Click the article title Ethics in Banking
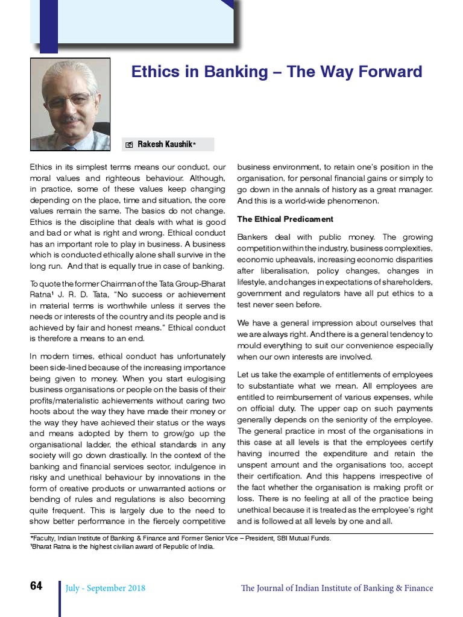(277, 72)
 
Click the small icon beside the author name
(129, 145)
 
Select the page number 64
(36, 586)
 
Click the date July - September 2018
(106, 588)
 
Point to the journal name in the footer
(336, 588)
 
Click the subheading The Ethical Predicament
(285, 219)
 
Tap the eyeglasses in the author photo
(69, 99)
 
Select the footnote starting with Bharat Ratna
(122, 547)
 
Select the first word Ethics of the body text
(40, 167)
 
